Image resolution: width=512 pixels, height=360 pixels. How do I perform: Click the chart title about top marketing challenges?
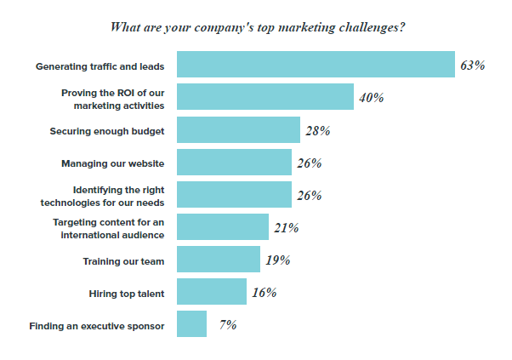(x=258, y=27)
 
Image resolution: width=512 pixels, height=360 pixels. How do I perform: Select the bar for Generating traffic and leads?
(x=316, y=65)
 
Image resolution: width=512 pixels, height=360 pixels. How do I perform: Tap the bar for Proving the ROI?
(x=265, y=97)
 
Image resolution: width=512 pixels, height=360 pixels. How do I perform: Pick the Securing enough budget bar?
(x=238, y=129)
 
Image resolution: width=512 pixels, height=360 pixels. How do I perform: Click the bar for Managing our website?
(x=234, y=162)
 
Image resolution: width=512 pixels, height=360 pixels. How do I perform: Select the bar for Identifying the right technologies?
(x=234, y=194)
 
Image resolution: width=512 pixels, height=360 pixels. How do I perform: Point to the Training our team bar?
(x=219, y=259)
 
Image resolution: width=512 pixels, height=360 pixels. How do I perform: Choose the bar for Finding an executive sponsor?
(x=191, y=323)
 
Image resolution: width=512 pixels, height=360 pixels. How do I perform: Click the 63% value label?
(x=473, y=66)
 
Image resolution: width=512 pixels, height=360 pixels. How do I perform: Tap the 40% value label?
(x=372, y=98)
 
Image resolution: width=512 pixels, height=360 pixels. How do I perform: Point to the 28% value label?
(x=318, y=131)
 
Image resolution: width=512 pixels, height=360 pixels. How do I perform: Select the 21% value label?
(x=287, y=228)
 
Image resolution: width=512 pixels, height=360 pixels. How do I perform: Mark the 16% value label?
(x=265, y=293)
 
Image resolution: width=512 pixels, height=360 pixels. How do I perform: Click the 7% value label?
(x=228, y=325)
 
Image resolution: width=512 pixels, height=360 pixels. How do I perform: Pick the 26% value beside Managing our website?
(x=310, y=163)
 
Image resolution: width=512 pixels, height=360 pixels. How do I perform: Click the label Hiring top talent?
(x=127, y=294)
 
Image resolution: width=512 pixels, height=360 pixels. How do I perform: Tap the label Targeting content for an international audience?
(x=109, y=229)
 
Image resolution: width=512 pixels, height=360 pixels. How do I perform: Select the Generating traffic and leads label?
(x=100, y=66)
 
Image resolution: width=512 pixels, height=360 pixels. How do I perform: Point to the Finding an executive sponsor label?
(x=97, y=326)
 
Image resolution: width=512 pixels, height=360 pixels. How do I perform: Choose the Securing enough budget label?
(x=107, y=131)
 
